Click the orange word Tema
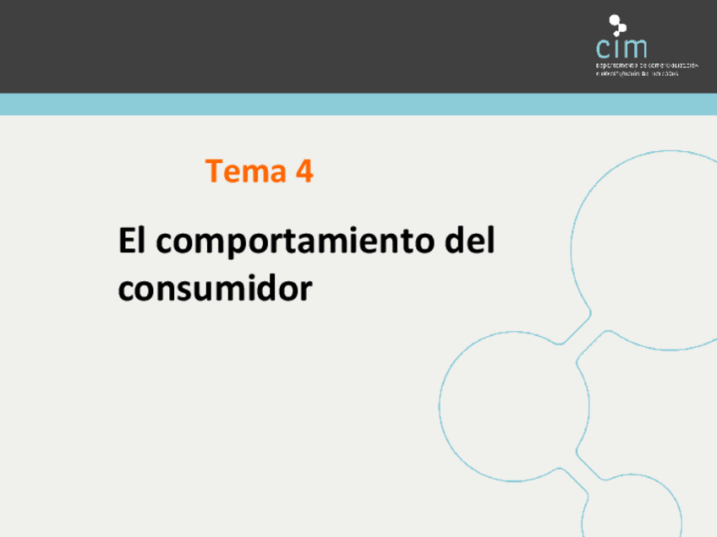246,171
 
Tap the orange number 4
304,171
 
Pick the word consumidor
215,289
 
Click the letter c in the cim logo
603,47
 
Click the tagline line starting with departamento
647,64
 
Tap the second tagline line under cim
638,73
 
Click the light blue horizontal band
358,104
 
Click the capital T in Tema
213,171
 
